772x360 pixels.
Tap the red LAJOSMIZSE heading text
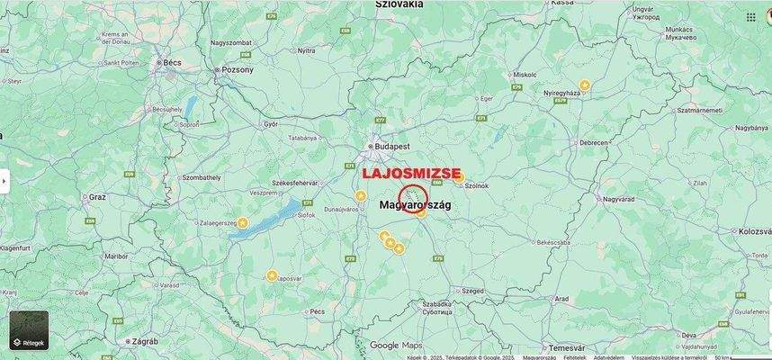(411, 173)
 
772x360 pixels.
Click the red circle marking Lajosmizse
(413, 198)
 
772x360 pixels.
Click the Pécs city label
(317, 310)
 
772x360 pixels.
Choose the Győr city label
(270, 124)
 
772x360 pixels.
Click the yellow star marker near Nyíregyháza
(585, 85)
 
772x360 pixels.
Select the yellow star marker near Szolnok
(459, 178)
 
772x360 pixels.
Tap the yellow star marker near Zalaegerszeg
(242, 221)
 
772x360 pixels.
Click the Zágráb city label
(145, 342)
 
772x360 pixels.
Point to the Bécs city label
(171, 63)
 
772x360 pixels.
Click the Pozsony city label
(238, 68)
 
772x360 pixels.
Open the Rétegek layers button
(29, 330)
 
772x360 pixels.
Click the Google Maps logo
(395, 345)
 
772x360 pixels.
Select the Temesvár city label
(567, 347)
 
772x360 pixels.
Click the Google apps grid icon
(750, 16)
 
